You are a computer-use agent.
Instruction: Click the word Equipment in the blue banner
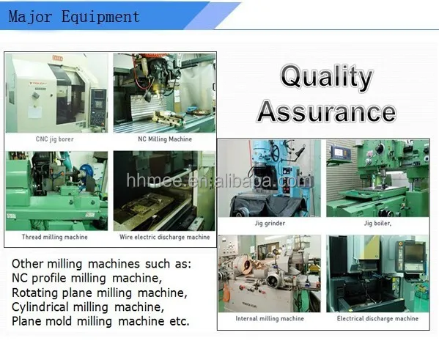click(100, 17)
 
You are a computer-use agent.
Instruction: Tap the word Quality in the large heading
click(327, 76)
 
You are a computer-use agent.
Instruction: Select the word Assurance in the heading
click(326, 111)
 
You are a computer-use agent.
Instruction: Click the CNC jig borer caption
click(55, 139)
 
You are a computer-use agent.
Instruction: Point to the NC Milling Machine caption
click(165, 139)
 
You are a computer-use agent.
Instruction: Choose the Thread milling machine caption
click(55, 238)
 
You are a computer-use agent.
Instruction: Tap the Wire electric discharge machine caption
click(165, 238)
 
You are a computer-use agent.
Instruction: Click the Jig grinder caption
click(270, 224)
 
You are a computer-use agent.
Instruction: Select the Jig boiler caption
click(377, 224)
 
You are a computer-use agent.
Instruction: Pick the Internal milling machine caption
click(270, 318)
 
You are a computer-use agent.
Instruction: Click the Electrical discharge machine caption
click(377, 318)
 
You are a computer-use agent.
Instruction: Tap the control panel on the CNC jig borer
click(98, 107)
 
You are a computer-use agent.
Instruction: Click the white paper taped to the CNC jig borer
click(34, 112)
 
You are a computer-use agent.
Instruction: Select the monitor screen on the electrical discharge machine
click(415, 253)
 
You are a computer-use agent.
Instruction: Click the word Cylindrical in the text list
click(40, 307)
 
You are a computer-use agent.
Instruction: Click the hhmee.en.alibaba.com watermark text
click(219, 180)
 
